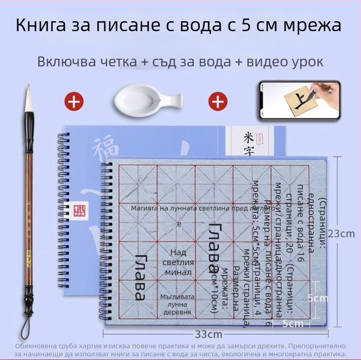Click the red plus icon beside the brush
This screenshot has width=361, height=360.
coord(74,101)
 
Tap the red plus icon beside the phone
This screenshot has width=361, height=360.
coord(218,101)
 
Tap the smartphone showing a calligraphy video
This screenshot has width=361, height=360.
coord(299,101)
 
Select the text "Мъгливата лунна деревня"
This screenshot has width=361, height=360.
coord(177,304)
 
